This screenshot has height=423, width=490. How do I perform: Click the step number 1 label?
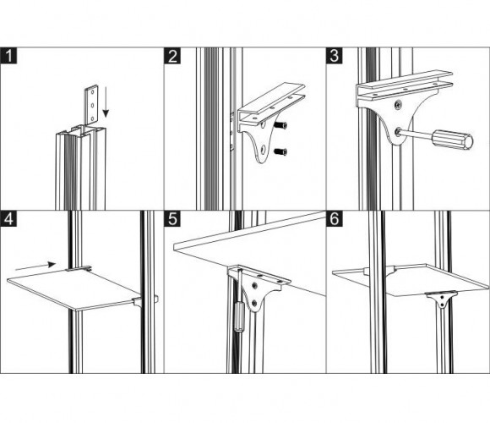coord(8,56)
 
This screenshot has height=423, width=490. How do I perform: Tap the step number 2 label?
coord(172,56)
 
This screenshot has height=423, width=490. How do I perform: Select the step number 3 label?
coord(335,56)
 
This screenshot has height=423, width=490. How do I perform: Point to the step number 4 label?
coord(8,218)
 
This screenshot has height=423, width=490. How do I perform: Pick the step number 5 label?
coord(172,218)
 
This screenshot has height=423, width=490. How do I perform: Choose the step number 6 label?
coord(335,218)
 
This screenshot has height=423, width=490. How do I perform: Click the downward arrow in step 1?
coord(106,102)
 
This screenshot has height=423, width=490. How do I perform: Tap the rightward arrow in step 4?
coord(35,266)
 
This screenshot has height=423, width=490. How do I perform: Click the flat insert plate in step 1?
coord(91,105)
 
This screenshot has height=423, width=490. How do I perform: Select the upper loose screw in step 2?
coord(280,125)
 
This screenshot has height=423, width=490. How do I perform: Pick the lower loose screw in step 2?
coord(280,152)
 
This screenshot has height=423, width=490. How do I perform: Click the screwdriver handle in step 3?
coord(453,140)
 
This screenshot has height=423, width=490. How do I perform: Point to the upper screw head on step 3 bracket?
coord(398,105)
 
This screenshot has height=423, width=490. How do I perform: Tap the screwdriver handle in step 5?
coord(239,316)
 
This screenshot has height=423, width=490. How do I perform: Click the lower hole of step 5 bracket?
coord(254,303)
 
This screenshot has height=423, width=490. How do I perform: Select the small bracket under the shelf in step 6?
coord(441,299)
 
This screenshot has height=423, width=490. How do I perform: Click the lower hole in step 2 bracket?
coord(263,149)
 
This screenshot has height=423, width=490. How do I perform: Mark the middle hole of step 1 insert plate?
coord(92,105)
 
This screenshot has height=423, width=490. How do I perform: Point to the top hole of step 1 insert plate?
coord(92,92)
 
